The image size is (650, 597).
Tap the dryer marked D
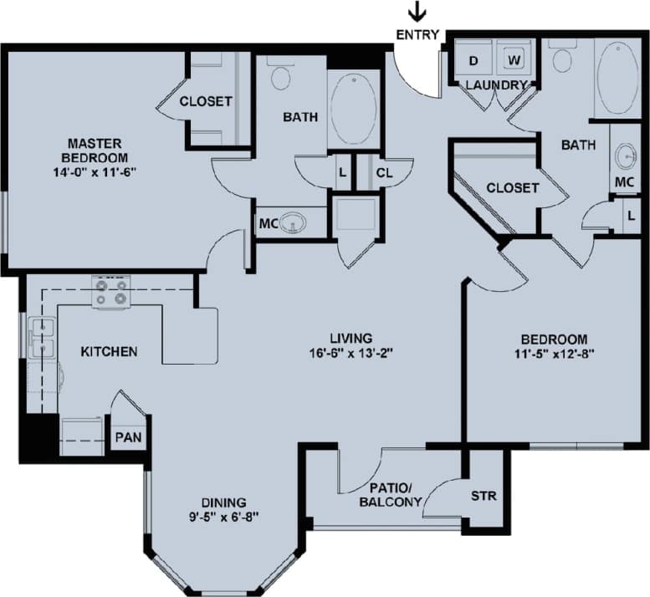pyautogui.click(x=473, y=60)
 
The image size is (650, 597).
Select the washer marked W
pyautogui.click(x=514, y=60)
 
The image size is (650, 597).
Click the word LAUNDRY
pyautogui.click(x=496, y=85)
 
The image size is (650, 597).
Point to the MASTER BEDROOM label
pyautogui.click(x=98, y=150)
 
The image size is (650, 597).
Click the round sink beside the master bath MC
pyautogui.click(x=292, y=223)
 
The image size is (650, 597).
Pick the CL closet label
pyautogui.click(x=384, y=173)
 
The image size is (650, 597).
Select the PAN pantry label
pyautogui.click(x=128, y=436)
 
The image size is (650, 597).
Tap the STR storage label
pyautogui.click(x=484, y=496)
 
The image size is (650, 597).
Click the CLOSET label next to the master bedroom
pyautogui.click(x=206, y=101)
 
